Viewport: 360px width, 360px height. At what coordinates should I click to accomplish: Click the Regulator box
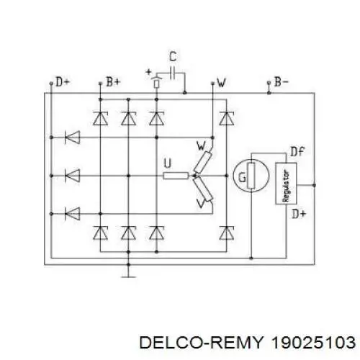286,184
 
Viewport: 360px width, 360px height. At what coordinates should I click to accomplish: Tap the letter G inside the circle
242,178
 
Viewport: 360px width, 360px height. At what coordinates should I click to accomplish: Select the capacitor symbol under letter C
172,73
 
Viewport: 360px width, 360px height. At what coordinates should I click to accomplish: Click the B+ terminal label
113,82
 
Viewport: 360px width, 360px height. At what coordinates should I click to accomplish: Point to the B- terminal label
282,82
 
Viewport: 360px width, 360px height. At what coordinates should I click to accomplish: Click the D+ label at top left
63,82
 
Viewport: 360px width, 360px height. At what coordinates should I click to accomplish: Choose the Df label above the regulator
297,152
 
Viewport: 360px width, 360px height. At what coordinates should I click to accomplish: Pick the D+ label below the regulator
299,213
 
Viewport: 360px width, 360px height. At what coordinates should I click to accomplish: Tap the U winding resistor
176,176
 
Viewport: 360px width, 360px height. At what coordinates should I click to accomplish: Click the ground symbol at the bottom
128,276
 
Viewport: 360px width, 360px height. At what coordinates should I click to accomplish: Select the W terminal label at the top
221,83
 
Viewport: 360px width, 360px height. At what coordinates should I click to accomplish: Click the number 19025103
313,342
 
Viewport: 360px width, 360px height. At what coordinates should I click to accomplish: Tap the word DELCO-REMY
201,342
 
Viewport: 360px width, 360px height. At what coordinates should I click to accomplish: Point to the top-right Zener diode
227,118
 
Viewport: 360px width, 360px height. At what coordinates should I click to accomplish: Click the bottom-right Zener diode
227,233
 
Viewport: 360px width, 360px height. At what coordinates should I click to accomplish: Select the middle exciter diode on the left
73,176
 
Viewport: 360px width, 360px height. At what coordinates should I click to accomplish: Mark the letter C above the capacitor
173,57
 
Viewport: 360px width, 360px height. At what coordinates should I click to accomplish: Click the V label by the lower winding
200,203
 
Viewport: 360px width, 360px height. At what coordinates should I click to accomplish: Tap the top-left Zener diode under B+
100,118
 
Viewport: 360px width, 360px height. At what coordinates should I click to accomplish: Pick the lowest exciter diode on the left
73,214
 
